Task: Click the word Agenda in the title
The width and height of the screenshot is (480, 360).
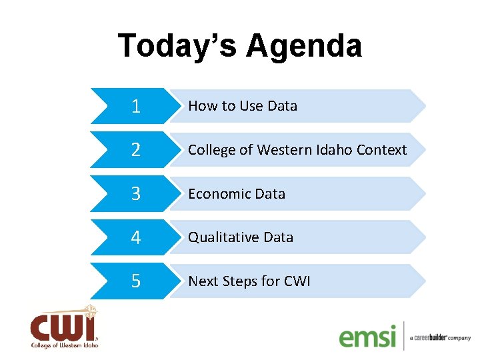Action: click(304, 47)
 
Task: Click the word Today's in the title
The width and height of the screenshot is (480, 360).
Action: click(178, 47)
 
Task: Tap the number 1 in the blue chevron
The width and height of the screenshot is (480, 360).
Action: click(136, 106)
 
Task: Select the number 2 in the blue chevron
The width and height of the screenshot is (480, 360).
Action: click(136, 150)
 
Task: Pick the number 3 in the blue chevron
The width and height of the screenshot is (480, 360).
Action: click(136, 194)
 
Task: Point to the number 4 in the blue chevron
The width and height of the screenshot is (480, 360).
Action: click(136, 238)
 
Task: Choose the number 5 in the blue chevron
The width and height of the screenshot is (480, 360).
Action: click(136, 281)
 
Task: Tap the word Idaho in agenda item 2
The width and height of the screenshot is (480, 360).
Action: click(335, 150)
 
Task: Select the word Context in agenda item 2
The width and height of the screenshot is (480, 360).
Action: click(381, 150)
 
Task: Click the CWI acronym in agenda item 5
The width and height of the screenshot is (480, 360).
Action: click(297, 281)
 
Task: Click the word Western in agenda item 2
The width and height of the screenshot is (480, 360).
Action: click(282, 150)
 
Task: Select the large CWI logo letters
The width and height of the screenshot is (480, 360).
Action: click(62, 327)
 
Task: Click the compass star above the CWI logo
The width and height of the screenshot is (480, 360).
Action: click(90, 311)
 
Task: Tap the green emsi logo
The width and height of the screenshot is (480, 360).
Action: click(367, 336)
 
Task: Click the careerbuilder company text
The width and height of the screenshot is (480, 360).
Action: click(440, 338)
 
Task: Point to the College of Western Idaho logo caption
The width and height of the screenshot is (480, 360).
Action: click(65, 345)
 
